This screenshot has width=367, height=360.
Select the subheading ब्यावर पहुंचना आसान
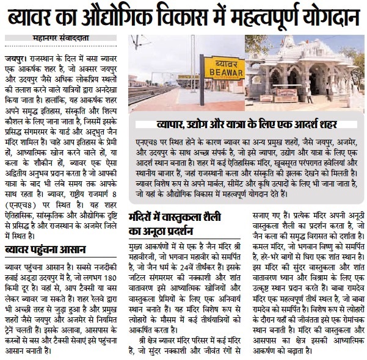pyautogui.click(x=46, y=250)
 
